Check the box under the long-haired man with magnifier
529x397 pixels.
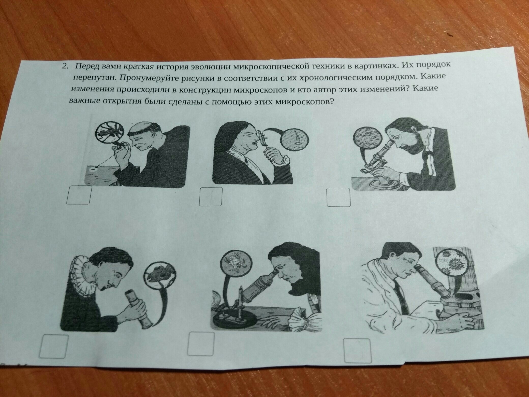(211, 196)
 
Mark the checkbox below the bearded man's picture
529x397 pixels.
(339, 197)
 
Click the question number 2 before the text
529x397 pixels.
(65, 66)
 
